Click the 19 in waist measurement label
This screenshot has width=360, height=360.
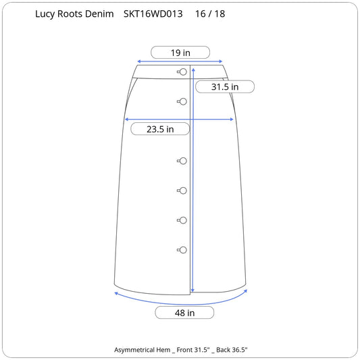180,53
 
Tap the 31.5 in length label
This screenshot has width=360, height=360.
225,86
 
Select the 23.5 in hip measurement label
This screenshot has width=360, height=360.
160,129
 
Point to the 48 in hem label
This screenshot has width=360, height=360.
184,313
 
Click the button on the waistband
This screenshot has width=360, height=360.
182,72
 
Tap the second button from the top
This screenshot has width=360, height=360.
182,101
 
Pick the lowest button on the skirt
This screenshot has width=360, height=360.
182,250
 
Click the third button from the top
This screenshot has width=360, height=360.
182,161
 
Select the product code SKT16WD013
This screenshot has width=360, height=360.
153,14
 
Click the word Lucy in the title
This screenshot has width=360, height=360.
45,14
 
